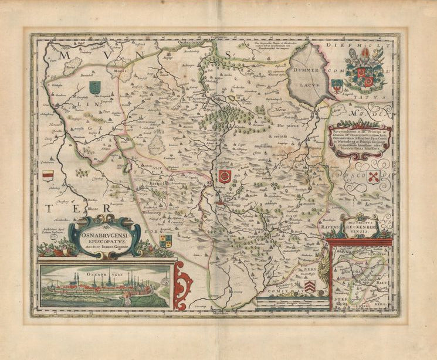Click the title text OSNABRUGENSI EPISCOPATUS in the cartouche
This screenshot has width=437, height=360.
point(106,236)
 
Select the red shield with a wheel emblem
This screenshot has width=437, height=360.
point(224,176)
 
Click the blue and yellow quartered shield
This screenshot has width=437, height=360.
point(165,240)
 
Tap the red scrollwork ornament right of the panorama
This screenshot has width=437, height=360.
point(183,285)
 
